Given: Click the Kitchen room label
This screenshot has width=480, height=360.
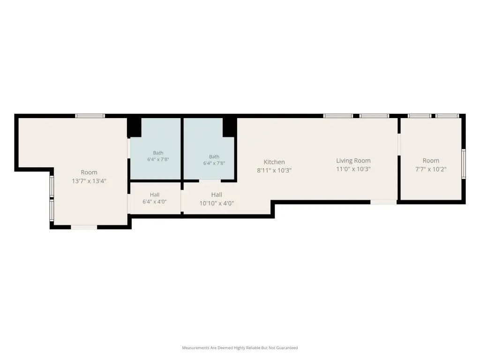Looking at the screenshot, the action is (x=274, y=162).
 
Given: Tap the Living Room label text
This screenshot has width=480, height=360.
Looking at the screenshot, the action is (x=353, y=160).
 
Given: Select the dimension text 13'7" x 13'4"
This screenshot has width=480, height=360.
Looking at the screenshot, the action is (x=89, y=181).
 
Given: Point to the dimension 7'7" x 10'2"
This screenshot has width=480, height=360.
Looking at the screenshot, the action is (x=431, y=169).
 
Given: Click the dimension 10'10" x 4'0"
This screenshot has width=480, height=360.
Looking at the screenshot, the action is (x=217, y=203).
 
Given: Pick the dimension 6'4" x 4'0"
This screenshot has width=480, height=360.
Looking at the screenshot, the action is (x=155, y=202).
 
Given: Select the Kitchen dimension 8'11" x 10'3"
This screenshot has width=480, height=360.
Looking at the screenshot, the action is (x=274, y=170).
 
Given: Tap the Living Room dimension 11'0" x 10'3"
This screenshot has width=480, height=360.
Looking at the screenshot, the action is (x=353, y=169).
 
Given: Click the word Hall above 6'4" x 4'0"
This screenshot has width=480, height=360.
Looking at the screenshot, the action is (x=155, y=195).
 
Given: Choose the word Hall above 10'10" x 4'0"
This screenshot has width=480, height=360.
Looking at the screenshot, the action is (x=217, y=195).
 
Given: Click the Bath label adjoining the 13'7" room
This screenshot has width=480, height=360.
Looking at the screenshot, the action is (x=158, y=153).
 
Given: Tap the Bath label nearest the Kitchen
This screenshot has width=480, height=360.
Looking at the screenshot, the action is (x=214, y=157).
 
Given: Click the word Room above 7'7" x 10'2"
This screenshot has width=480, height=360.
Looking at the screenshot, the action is (x=431, y=160).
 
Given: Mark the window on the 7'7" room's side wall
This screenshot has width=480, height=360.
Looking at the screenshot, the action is (x=464, y=164).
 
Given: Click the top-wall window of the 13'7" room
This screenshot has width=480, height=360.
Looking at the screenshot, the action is (x=90, y=116).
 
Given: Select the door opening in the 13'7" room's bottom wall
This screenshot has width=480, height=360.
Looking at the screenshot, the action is (x=84, y=227).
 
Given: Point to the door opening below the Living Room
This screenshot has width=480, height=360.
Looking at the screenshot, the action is (x=383, y=202).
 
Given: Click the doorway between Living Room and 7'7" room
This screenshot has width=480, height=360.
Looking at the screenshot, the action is (x=399, y=144).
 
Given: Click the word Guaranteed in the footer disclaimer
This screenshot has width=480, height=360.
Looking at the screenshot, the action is (x=287, y=348).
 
